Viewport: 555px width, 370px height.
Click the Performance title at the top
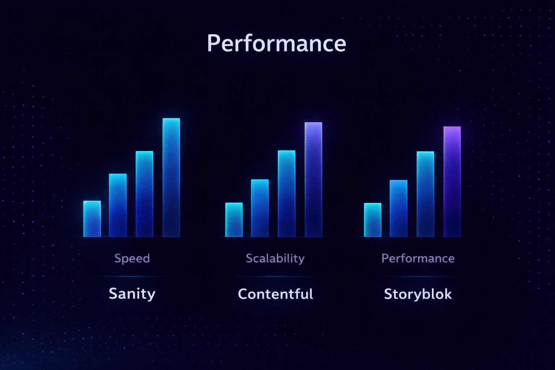coord(276,43)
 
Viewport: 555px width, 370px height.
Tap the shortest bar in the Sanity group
coord(92,219)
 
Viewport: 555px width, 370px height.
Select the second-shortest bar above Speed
coord(118,205)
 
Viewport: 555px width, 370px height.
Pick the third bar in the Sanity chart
coord(145,194)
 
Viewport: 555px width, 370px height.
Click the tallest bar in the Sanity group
coord(171,178)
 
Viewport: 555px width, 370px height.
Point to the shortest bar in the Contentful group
coord(234,220)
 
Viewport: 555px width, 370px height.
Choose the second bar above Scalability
coord(260,208)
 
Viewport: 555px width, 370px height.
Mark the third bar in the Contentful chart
coord(287,194)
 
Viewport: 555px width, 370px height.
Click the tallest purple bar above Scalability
coord(313,180)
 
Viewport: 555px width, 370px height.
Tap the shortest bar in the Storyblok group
coord(373,220)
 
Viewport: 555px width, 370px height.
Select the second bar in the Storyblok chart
coord(399,208)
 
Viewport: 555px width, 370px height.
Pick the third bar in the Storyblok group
coord(425,194)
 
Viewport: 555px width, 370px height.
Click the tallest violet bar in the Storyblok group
coord(452,182)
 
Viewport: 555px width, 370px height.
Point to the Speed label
coord(132,258)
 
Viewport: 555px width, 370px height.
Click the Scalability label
coord(275,258)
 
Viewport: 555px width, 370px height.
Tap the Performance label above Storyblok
coord(418,258)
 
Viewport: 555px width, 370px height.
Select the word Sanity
coord(132,294)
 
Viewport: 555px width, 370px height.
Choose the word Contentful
coord(275,294)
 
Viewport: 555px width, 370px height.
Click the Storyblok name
coord(418,294)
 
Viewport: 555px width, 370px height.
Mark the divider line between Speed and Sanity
coord(132,276)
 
